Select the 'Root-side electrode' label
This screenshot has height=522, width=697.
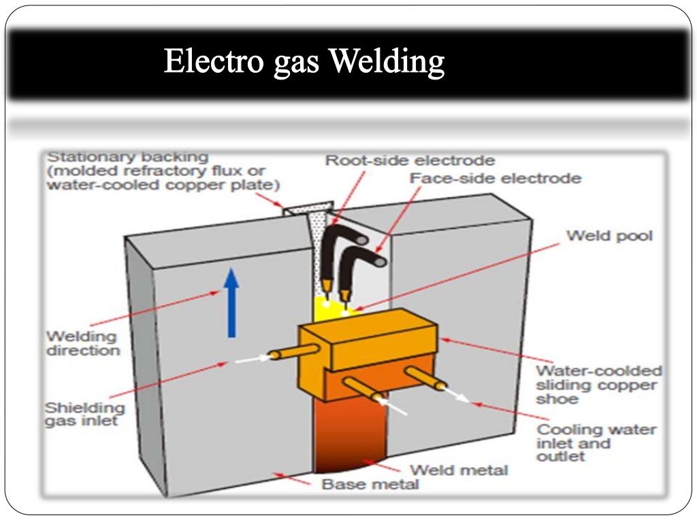(410, 161)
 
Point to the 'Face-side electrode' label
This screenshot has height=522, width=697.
(495, 179)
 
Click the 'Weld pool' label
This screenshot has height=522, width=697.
(609, 236)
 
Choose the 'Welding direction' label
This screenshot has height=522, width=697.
(82, 343)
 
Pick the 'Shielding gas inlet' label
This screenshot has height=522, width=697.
(84, 414)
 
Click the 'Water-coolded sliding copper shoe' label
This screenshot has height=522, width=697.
(598, 385)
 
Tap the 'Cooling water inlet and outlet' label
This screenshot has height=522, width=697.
(596, 442)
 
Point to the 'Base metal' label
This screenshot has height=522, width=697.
(370, 485)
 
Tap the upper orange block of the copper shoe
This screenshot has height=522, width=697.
(368, 338)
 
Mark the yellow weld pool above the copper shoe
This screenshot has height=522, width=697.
(327, 309)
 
